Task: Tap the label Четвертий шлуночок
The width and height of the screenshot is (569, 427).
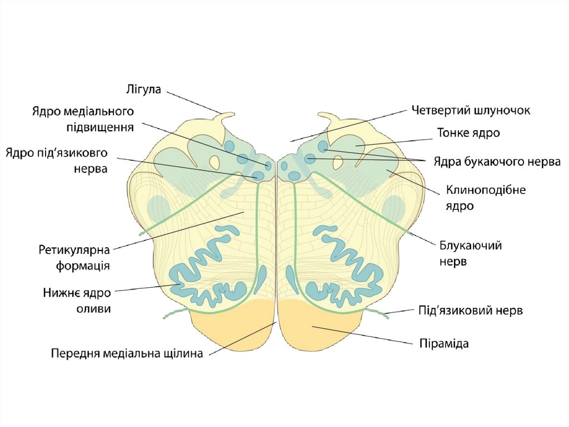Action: click(x=471, y=110)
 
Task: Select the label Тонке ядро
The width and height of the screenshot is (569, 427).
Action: click(x=468, y=133)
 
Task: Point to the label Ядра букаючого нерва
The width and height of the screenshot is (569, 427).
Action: click(x=496, y=162)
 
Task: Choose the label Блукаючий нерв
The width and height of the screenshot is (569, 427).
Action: click(x=471, y=253)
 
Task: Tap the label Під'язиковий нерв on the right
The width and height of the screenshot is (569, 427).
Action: click(x=470, y=311)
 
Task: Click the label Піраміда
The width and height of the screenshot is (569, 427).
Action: click(x=443, y=343)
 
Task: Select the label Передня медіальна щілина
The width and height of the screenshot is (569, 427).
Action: click(x=127, y=353)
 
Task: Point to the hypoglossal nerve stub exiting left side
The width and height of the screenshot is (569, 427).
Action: click(x=175, y=314)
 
